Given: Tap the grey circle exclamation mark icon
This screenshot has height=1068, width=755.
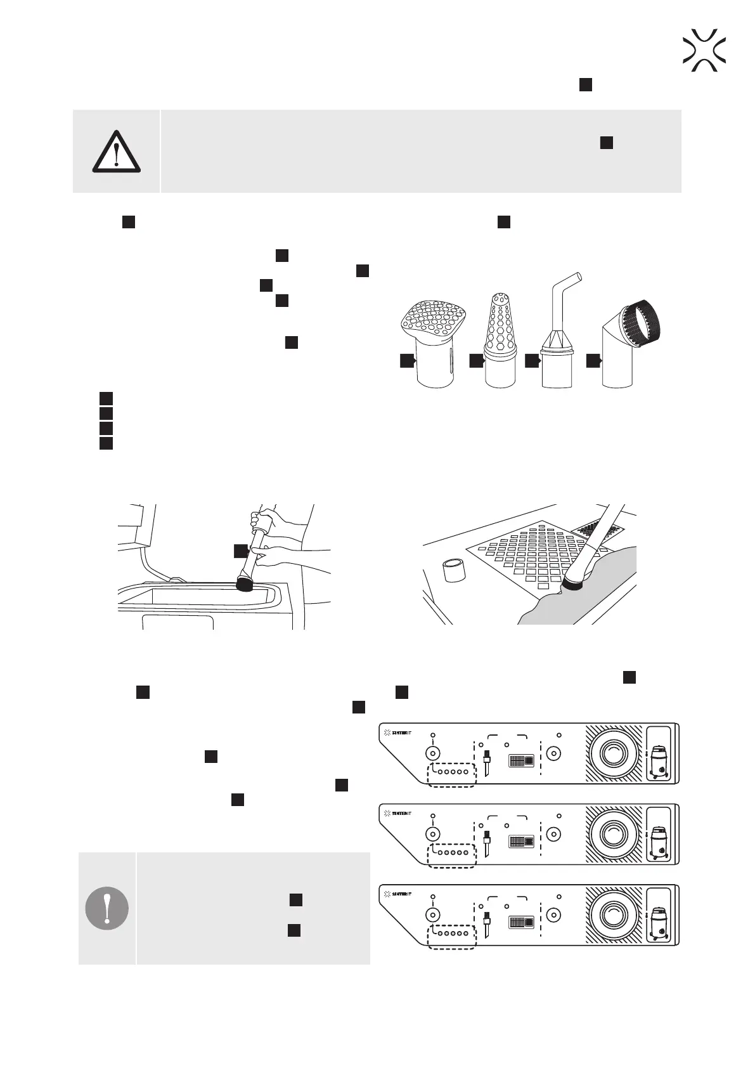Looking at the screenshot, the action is coord(107,908).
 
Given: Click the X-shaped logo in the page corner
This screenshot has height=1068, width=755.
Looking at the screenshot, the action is coord(704,50).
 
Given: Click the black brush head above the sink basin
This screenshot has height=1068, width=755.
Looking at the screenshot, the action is coord(244,583).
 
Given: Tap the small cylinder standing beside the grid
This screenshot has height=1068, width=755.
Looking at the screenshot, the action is coord(455,570).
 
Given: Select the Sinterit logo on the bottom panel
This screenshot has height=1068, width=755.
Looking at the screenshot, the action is coord(398,894).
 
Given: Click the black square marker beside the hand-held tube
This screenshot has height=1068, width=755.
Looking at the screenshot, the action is coord(240,550).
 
